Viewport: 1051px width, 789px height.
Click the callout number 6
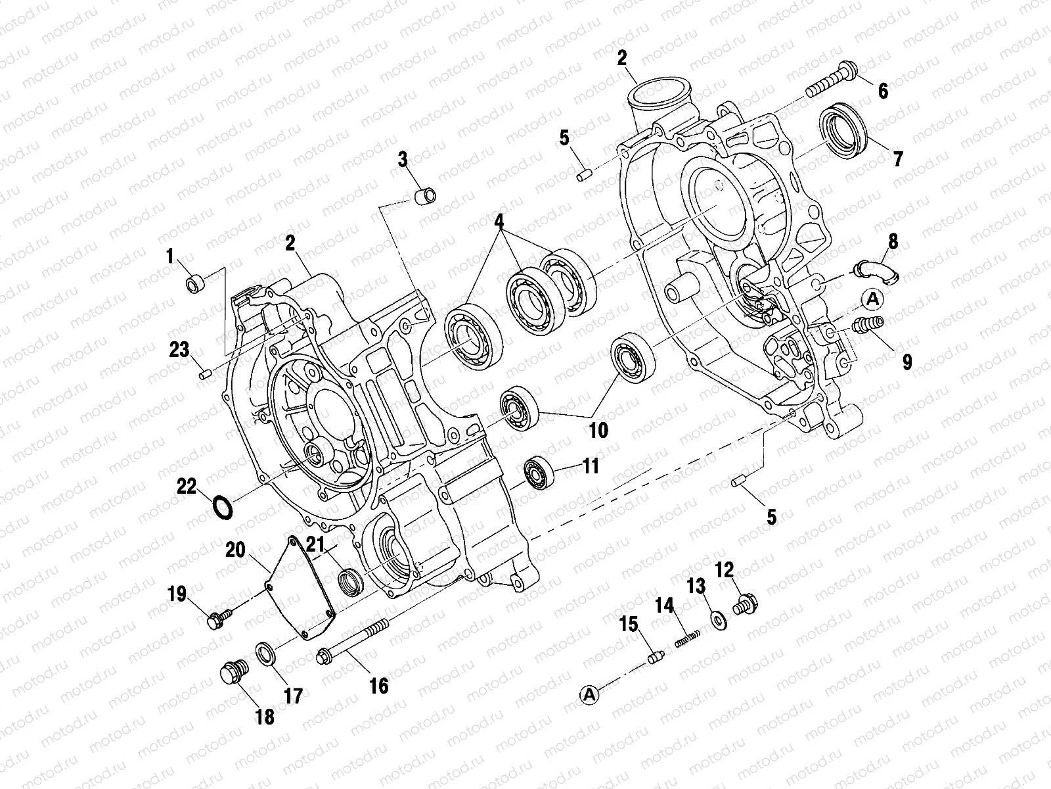[x=882, y=90]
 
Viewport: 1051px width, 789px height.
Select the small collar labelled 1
[x=196, y=285]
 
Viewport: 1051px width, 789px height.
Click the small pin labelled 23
[x=204, y=375]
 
